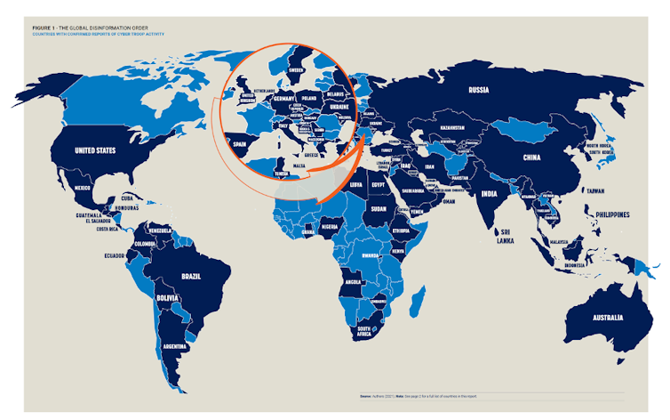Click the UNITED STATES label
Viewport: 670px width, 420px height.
(94, 150)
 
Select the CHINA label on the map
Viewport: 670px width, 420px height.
(530, 158)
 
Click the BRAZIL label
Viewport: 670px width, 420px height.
(191, 277)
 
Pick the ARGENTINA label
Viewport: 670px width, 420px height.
(175, 345)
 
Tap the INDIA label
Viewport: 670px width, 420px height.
(488, 194)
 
